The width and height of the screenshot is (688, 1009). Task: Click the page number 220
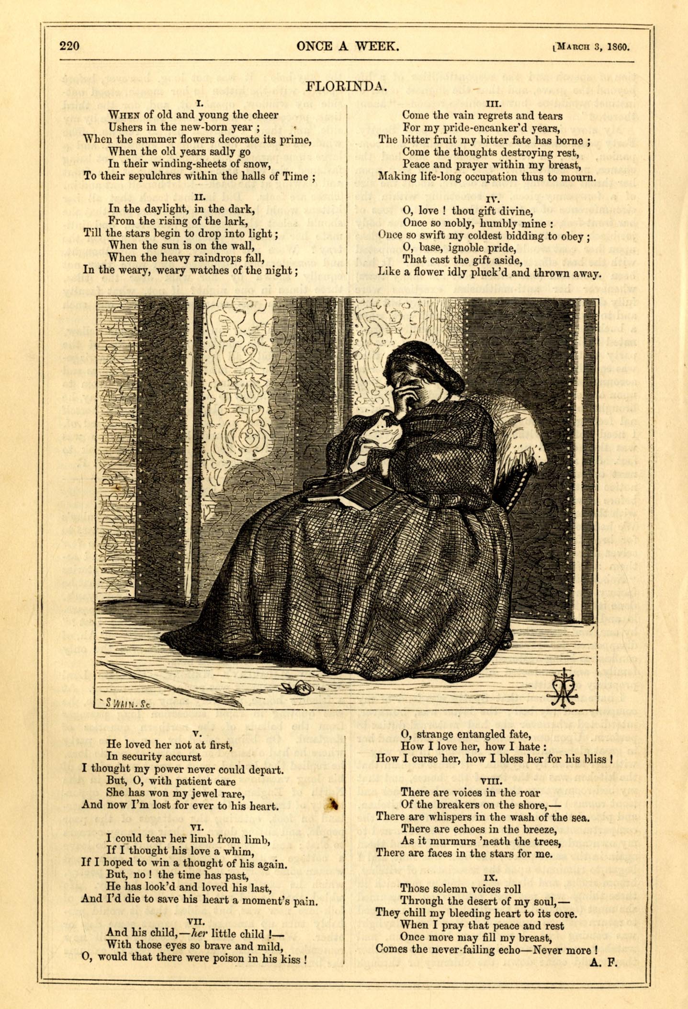coord(69,46)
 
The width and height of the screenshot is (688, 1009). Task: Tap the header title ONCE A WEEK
coord(347,46)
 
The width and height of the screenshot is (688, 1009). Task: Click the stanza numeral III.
coord(493,103)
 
